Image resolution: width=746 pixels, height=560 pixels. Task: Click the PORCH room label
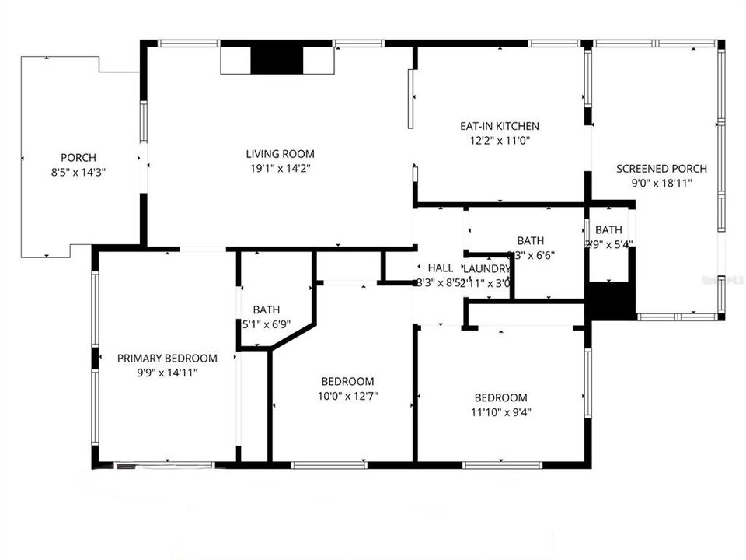[x=78, y=158]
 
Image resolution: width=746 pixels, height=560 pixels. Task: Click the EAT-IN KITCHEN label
[x=499, y=126]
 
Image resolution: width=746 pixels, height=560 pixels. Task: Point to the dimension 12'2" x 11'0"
[x=499, y=141]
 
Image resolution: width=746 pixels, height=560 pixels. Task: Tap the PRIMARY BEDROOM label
[x=167, y=359]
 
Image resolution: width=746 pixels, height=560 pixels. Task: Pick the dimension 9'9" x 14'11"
[x=167, y=373]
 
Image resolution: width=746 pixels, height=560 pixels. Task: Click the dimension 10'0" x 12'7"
[x=347, y=396]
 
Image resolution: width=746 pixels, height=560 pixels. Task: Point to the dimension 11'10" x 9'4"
[x=500, y=412]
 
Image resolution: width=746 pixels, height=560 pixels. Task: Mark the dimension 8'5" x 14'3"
[x=78, y=173]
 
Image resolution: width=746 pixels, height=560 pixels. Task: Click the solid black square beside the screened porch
[x=611, y=302]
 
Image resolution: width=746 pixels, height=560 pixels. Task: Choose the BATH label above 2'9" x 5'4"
[x=608, y=230]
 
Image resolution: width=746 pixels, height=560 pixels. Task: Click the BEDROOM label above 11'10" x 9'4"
[x=500, y=397]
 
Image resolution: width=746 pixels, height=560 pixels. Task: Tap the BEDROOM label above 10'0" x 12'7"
[x=347, y=382]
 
